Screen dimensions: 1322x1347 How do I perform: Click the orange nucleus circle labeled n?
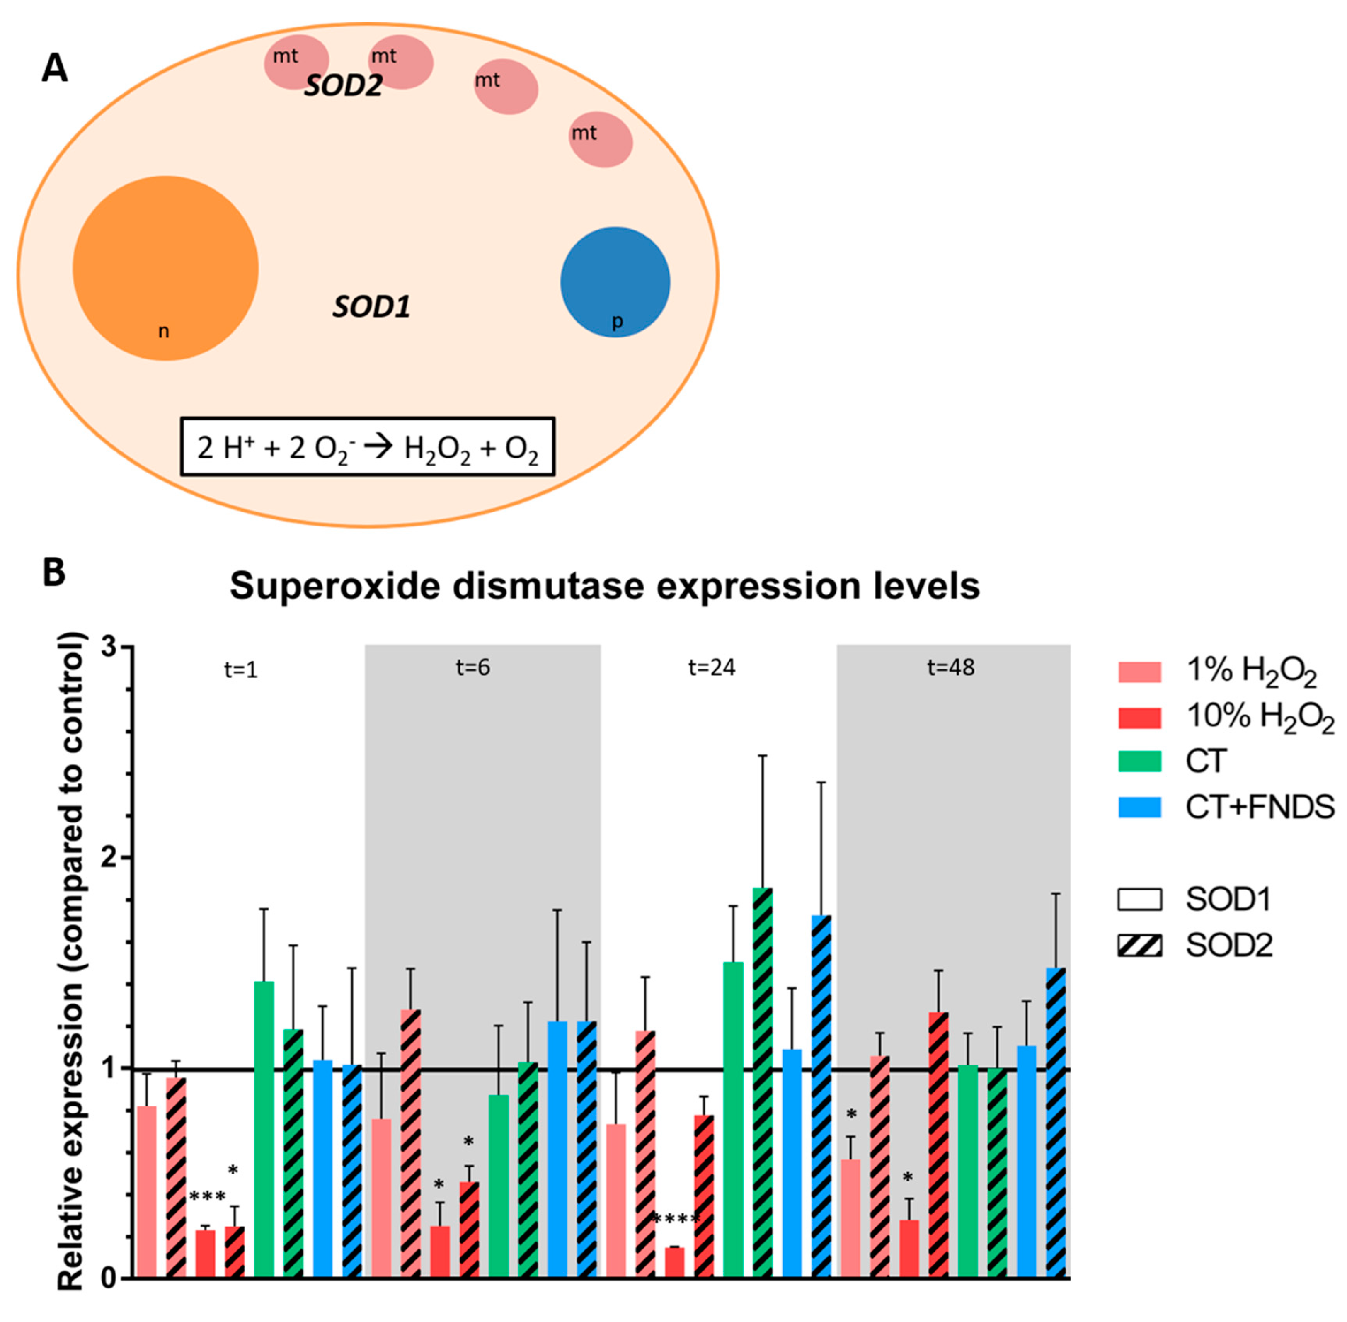pos(165,268)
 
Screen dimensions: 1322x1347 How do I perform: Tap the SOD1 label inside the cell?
pos(371,307)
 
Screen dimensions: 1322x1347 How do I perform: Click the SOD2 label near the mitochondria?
pos(343,85)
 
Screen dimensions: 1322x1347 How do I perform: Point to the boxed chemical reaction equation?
pos(367,446)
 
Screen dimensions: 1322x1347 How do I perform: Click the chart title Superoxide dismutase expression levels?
pos(605,586)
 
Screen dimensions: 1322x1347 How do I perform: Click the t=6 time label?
pos(473,667)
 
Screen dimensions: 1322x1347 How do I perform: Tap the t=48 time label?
pos(950,667)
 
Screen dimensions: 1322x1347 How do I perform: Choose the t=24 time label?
pos(712,667)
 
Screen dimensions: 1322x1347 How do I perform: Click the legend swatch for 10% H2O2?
pos(1139,717)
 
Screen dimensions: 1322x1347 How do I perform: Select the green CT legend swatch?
pos(1139,762)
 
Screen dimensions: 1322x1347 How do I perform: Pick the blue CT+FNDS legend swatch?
pos(1139,807)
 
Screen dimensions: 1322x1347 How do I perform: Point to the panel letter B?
pos(54,573)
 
